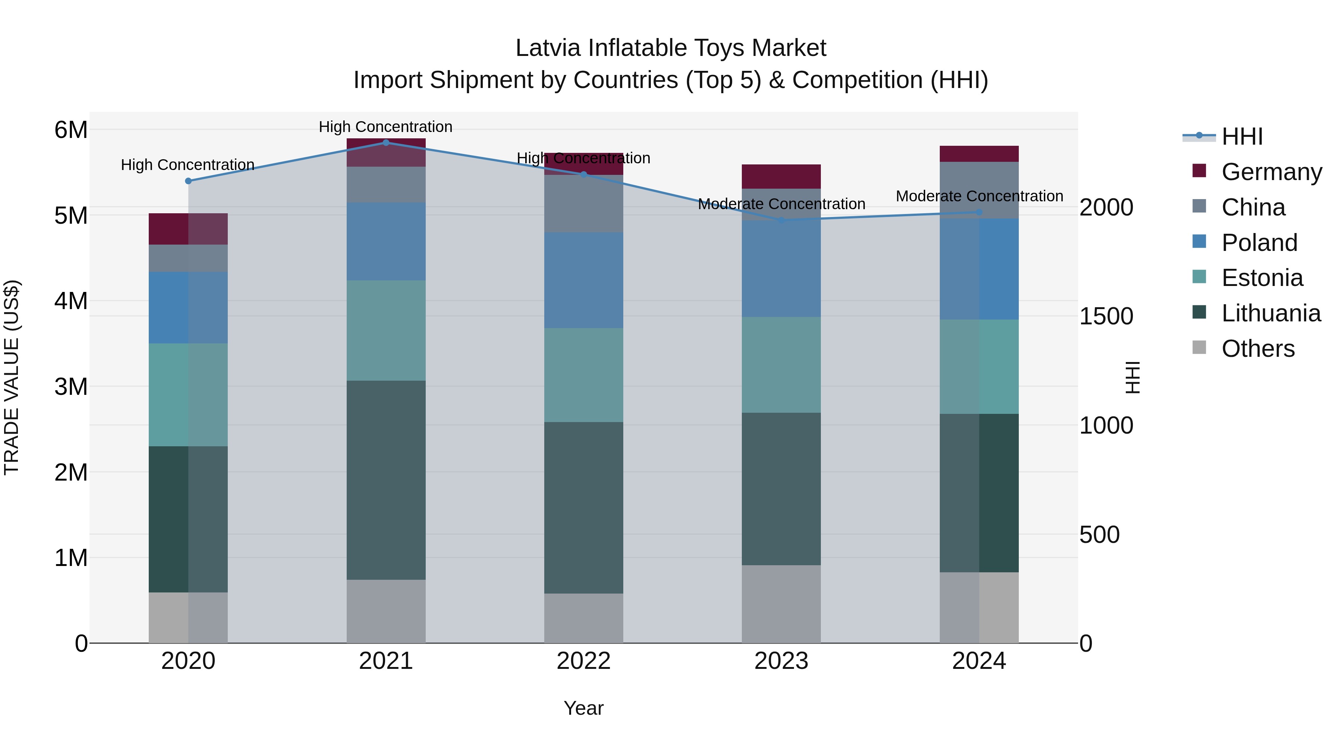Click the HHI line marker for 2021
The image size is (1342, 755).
tap(386, 143)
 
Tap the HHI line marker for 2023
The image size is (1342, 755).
tap(781, 220)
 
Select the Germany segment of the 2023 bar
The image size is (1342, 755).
tap(781, 177)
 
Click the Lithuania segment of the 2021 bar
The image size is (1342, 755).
tap(386, 480)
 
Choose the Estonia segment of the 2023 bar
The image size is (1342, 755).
tap(781, 365)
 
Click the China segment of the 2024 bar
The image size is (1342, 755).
tap(979, 190)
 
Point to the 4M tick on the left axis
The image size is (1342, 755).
tap(71, 301)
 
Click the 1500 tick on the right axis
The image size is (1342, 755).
tap(1106, 316)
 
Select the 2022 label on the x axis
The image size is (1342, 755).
tap(583, 661)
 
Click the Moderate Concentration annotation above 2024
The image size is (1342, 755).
tap(979, 196)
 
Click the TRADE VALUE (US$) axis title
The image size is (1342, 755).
tap(12, 377)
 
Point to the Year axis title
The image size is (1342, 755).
tap(583, 708)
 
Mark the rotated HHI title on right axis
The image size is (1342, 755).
tap(1132, 377)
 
